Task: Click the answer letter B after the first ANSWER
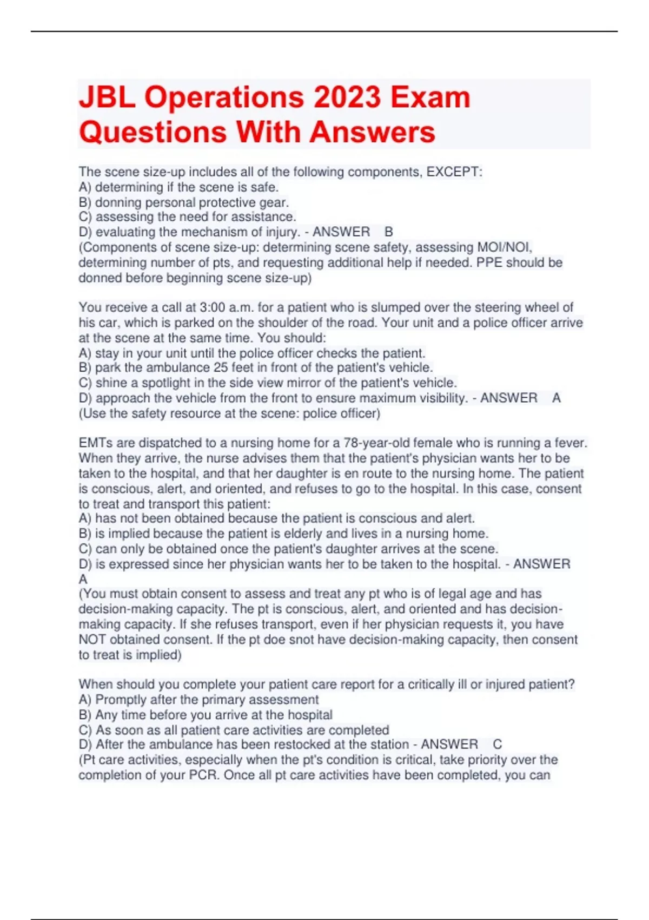tap(388, 232)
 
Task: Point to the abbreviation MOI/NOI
tap(504, 247)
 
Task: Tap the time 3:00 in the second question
tap(212, 307)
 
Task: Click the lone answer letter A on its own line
tap(83, 579)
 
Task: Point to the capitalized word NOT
tap(92, 640)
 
